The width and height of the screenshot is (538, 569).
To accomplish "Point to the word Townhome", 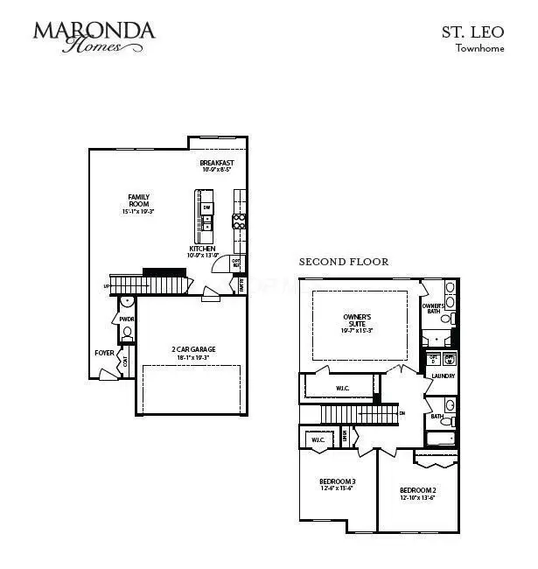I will [x=479, y=48].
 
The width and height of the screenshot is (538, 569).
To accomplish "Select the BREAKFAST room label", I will [x=217, y=164].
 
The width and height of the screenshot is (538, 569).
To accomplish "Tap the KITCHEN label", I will [x=203, y=249].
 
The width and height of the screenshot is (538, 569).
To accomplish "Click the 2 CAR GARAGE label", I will [x=193, y=349].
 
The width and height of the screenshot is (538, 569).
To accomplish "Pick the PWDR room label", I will [x=127, y=320].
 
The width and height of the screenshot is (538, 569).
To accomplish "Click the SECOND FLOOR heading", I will [x=344, y=262].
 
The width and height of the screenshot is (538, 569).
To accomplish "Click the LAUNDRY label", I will [x=444, y=376].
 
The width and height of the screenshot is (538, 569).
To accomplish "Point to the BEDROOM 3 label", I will [x=337, y=481].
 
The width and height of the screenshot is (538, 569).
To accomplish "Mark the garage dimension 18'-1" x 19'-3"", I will [x=193, y=357].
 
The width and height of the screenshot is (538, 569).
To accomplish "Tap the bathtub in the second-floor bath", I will [x=439, y=437].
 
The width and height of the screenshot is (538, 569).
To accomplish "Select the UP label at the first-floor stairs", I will [x=107, y=286].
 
